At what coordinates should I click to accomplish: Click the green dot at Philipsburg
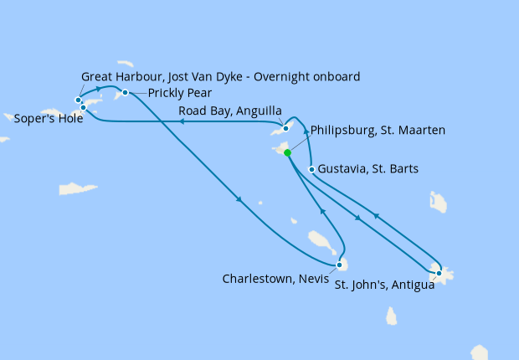pos(287,153)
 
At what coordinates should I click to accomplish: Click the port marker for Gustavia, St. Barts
pos(311,169)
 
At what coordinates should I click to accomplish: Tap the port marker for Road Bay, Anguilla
pos(286,128)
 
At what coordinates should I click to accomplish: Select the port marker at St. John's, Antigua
pos(439,273)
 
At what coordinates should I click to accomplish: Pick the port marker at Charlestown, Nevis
pos(338,265)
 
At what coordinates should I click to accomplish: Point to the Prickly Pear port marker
pos(125,92)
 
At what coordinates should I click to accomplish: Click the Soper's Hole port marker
pos(83,107)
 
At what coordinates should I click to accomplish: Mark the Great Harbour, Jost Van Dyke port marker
pos(78,100)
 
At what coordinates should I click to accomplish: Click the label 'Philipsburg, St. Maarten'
pos(378,131)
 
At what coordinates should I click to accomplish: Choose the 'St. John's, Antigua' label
pos(384,285)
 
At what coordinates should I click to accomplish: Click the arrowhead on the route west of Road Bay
pos(180,122)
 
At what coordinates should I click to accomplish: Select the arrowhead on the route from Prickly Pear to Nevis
pos(239,199)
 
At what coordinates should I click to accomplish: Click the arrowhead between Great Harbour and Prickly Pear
pos(100,88)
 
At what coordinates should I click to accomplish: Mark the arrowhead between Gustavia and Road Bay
pos(306,131)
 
